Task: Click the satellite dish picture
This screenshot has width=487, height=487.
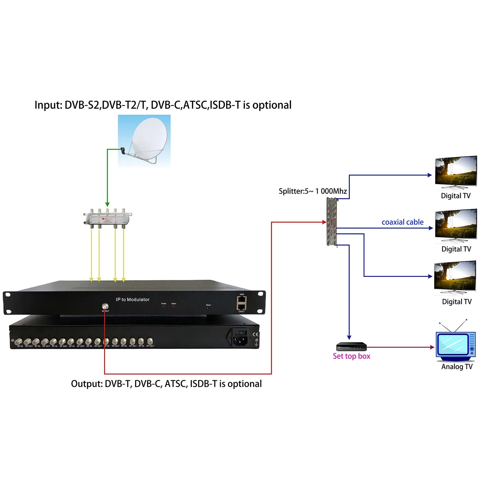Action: [144, 141]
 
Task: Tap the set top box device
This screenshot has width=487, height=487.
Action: [351, 347]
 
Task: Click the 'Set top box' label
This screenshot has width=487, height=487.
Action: [352, 356]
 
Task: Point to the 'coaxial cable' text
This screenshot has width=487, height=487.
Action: [402, 222]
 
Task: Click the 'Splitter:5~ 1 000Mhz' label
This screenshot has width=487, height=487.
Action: [313, 191]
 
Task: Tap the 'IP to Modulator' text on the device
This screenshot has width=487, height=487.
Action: [132, 300]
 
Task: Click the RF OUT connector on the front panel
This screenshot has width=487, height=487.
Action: [105, 306]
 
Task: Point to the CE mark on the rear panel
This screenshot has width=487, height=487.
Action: [255, 334]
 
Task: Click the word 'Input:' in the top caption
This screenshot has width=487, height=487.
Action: [48, 105]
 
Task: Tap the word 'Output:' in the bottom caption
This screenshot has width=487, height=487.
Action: [87, 384]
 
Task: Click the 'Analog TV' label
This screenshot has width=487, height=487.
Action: [457, 367]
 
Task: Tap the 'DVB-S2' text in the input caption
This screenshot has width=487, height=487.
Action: [82, 105]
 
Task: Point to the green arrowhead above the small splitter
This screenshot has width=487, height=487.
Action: [107, 205]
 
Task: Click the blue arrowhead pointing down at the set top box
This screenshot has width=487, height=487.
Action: [349, 337]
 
